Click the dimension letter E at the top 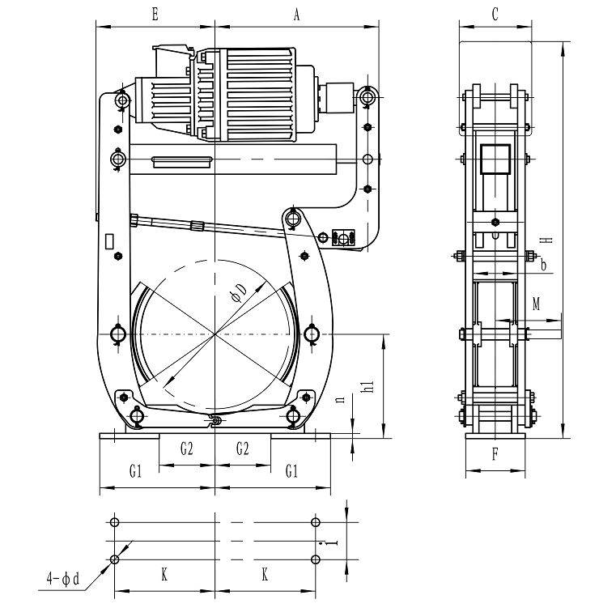(x=155, y=15)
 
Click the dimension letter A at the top (x=296, y=15)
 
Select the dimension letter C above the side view (x=495, y=15)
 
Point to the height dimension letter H (x=546, y=240)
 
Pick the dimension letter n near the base (x=341, y=399)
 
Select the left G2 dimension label (x=187, y=449)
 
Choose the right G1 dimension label (x=291, y=471)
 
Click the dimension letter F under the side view (x=495, y=454)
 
